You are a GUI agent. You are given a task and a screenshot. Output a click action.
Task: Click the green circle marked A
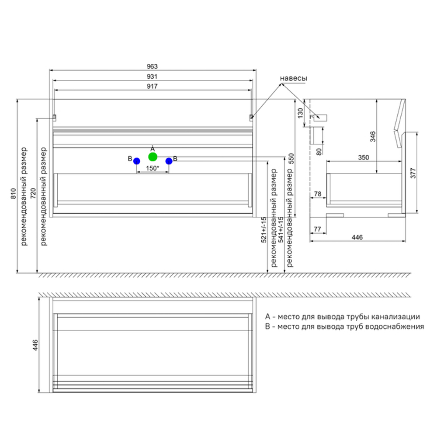pyautogui.click(x=153, y=156)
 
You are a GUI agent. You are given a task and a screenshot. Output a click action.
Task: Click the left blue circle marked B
pyautogui.click(x=136, y=161)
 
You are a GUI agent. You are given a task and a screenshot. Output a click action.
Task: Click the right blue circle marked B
pyautogui.click(x=169, y=161)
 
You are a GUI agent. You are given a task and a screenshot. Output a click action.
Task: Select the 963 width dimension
pyautogui.click(x=152, y=66)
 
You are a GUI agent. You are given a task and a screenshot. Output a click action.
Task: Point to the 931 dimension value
pyautogui.click(x=152, y=76)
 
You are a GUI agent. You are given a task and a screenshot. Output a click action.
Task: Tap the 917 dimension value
pyautogui.click(x=152, y=87)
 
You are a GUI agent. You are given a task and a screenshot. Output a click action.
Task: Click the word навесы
pyautogui.click(x=293, y=78)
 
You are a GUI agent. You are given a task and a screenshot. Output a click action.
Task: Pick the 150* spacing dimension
pyautogui.click(x=152, y=168)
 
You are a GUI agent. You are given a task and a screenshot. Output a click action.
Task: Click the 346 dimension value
pyautogui.click(x=373, y=137)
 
